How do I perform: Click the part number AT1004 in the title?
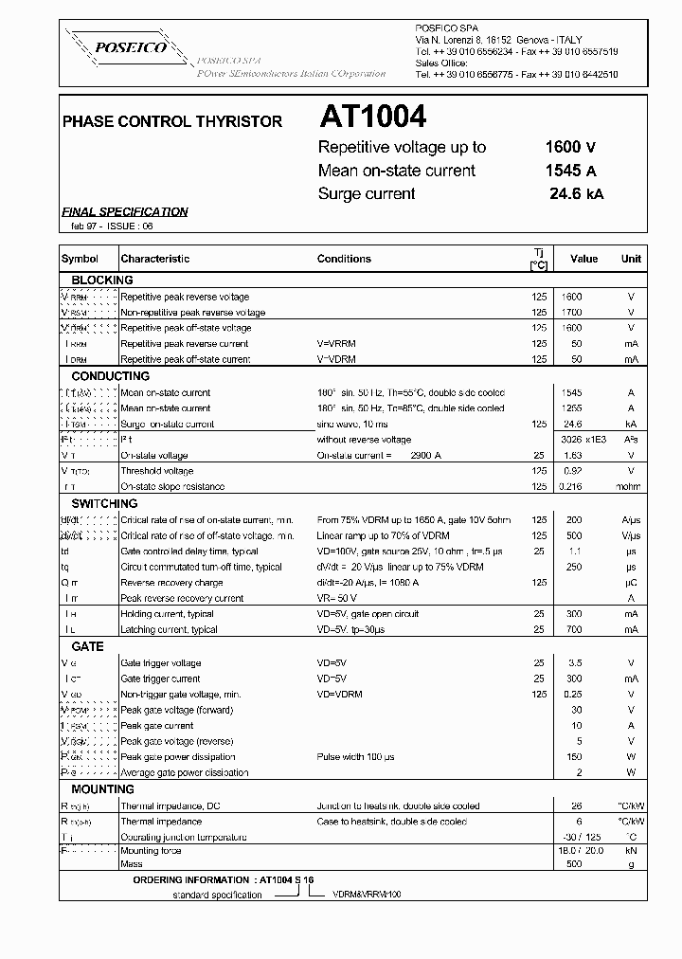pyautogui.click(x=372, y=117)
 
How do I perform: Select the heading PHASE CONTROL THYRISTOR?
pyautogui.click(x=171, y=122)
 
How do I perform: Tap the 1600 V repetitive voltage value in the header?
pyautogui.click(x=570, y=147)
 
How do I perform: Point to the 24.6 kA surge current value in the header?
pyautogui.click(x=574, y=193)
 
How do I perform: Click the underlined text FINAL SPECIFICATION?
pyautogui.click(x=125, y=212)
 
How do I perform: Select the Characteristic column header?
pyautogui.click(x=155, y=259)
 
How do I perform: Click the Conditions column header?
pyautogui.click(x=344, y=259)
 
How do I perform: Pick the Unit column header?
pyautogui.click(x=631, y=258)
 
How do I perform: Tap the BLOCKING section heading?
pyautogui.click(x=102, y=280)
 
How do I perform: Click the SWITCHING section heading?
pyautogui.click(x=104, y=504)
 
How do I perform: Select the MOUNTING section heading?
pyautogui.click(x=103, y=789)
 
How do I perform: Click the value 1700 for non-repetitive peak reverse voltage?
pyautogui.click(x=572, y=313)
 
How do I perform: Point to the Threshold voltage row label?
pyautogui.click(x=157, y=471)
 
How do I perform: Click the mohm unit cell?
pyautogui.click(x=631, y=487)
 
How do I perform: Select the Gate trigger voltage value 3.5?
pyautogui.click(x=572, y=663)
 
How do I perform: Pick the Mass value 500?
pyautogui.click(x=572, y=864)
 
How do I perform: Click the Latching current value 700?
pyautogui.click(x=572, y=630)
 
